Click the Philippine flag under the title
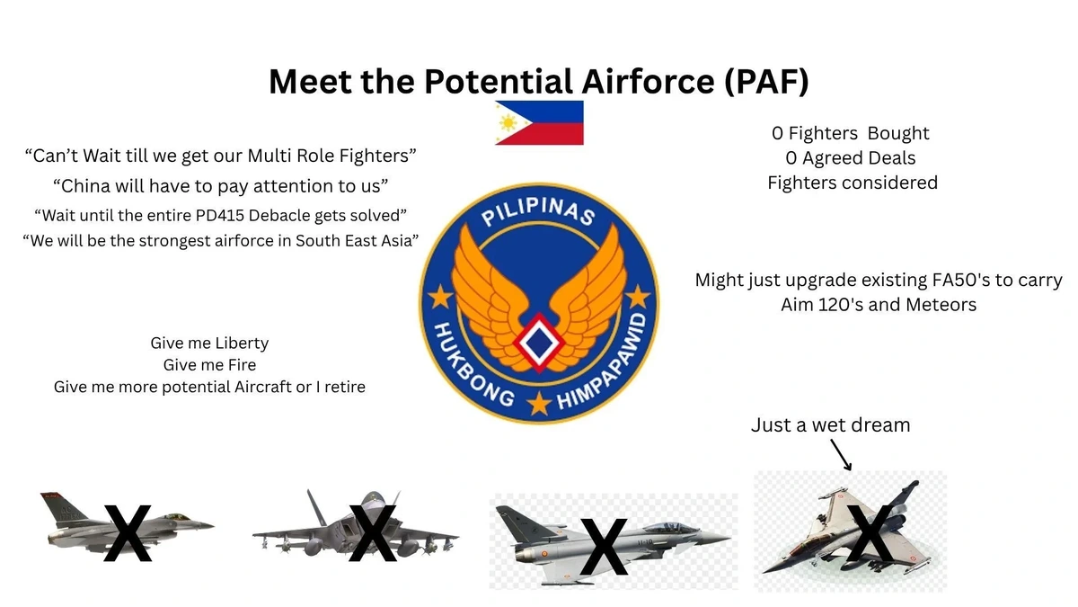click(x=539, y=123)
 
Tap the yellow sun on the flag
click(x=508, y=123)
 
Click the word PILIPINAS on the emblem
click(x=539, y=212)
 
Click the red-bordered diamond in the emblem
click(x=539, y=342)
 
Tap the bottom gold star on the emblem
click(x=539, y=403)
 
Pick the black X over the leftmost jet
click(x=128, y=532)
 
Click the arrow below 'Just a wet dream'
click(x=841, y=454)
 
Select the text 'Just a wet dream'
click(x=831, y=424)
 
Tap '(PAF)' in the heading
click(x=766, y=81)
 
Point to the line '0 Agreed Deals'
click(x=851, y=157)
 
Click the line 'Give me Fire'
click(x=209, y=365)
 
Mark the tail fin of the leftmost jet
click(x=63, y=507)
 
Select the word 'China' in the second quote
click(x=85, y=186)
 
